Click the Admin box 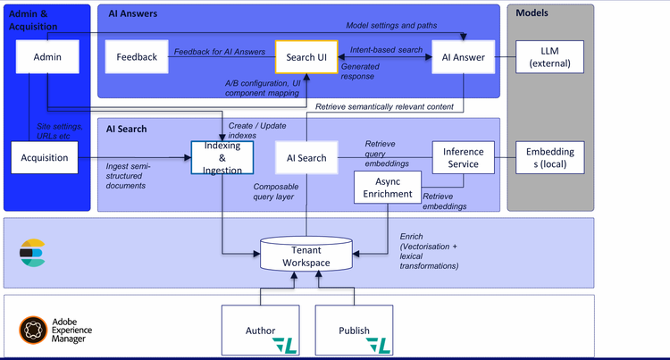click(x=47, y=57)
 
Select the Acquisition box click(x=45, y=157)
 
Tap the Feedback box click(x=136, y=57)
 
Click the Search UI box click(x=306, y=57)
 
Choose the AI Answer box click(x=464, y=57)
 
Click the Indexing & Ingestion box click(x=222, y=157)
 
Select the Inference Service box click(x=463, y=158)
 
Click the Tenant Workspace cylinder click(x=306, y=255)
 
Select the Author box click(x=261, y=330)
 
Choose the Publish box click(x=354, y=330)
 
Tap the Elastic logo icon click(x=32, y=253)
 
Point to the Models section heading click(x=532, y=13)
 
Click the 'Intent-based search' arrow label click(x=386, y=51)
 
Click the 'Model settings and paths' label click(x=390, y=24)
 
